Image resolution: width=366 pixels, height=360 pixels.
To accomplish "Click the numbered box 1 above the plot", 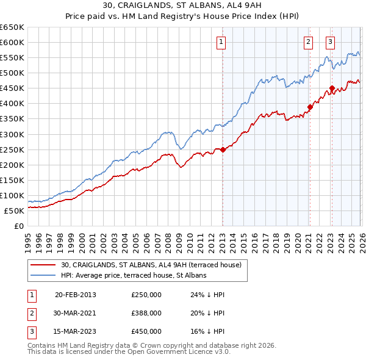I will tap(220, 42).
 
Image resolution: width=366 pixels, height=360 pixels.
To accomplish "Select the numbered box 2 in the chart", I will tap(309, 42).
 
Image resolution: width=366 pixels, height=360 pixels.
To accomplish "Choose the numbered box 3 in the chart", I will tap(330, 42).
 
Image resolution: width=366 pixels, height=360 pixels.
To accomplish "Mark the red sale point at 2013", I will tap(223, 149).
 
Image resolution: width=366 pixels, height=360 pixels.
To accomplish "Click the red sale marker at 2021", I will tap(310, 107).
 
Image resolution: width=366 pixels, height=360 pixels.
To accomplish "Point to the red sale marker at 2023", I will tap(332, 88).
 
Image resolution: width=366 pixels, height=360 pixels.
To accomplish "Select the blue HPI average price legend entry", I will tap(134, 275).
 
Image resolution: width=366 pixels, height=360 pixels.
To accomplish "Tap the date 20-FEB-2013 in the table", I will tap(76, 295).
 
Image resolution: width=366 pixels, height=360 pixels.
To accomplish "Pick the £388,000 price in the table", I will tap(146, 313).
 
